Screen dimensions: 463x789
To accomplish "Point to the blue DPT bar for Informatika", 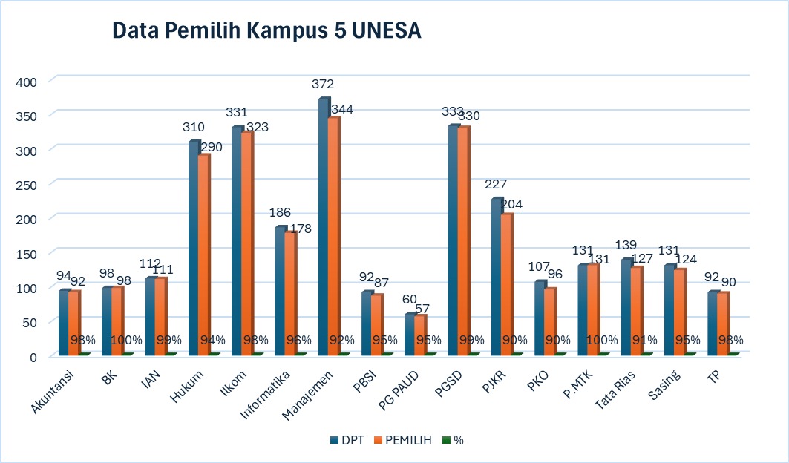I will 280,290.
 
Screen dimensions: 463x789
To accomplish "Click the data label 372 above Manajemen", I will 323,84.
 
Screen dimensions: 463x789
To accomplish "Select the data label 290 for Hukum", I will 211,145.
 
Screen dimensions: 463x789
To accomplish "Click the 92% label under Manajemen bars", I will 341,340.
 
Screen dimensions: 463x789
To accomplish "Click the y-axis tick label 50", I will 30,322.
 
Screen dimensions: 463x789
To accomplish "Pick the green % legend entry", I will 454,440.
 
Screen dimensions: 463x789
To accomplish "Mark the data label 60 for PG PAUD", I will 409,299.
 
